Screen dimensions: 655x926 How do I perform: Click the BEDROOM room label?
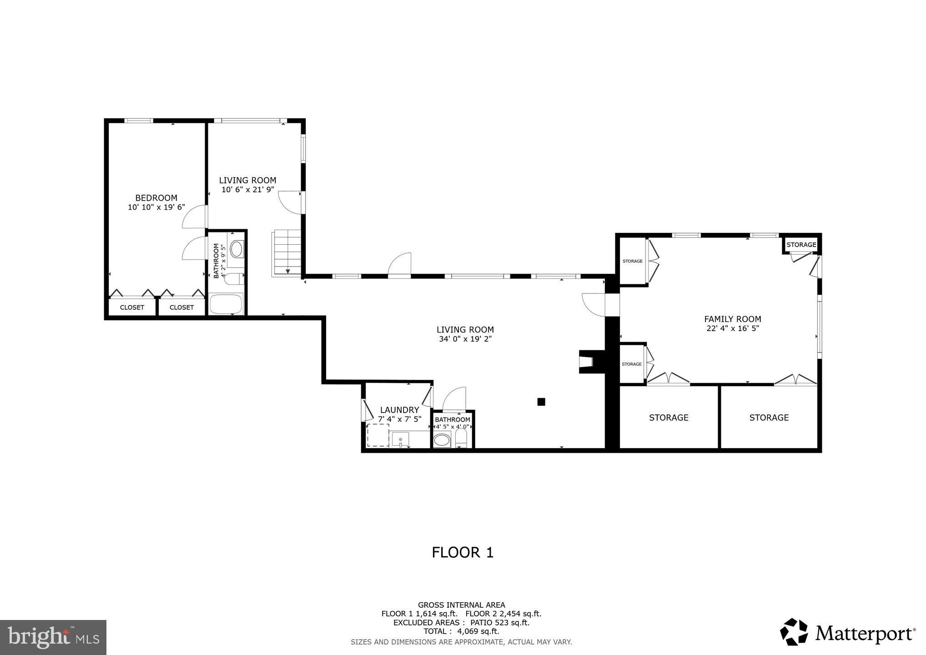(156, 198)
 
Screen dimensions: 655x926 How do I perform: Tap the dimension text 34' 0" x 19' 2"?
(465, 339)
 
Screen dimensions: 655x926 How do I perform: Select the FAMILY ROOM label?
(732, 319)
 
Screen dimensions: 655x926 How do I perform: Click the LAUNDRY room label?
(399, 410)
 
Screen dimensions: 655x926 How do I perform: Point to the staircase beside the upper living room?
(287, 252)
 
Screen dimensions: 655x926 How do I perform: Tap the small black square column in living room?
(541, 402)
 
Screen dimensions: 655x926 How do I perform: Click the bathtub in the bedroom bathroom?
(226, 303)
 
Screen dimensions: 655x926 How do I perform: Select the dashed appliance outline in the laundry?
(378, 435)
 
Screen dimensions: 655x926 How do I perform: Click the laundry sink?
(401, 440)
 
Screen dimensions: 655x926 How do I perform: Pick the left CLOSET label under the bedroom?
(132, 307)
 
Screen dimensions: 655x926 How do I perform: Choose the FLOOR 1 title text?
(463, 553)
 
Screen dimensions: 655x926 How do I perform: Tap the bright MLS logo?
(53, 637)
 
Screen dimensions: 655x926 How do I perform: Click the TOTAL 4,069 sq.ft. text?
(461, 631)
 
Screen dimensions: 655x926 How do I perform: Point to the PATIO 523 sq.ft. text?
(500, 623)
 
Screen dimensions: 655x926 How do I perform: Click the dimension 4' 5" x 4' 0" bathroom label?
(452, 427)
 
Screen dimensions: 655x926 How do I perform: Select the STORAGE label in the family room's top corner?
(801, 245)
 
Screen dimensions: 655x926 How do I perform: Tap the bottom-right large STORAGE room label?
(769, 418)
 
